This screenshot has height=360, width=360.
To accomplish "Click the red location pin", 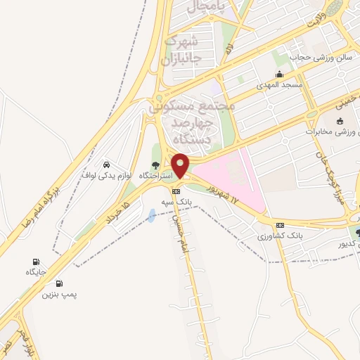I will click(180, 165).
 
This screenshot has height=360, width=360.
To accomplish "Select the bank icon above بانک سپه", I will click(175, 191).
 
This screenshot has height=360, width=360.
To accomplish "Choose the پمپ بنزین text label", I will click(58, 294).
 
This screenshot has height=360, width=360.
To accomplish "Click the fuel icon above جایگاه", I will click(36, 261).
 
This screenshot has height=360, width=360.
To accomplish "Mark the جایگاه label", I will click(36, 271).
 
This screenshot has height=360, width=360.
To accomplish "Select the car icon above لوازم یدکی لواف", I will click(106, 162).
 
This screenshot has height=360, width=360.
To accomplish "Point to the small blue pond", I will click(153, 215).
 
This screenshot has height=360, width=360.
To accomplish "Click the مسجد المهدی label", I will click(281, 84).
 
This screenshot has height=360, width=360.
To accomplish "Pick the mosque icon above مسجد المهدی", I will click(281, 75).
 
